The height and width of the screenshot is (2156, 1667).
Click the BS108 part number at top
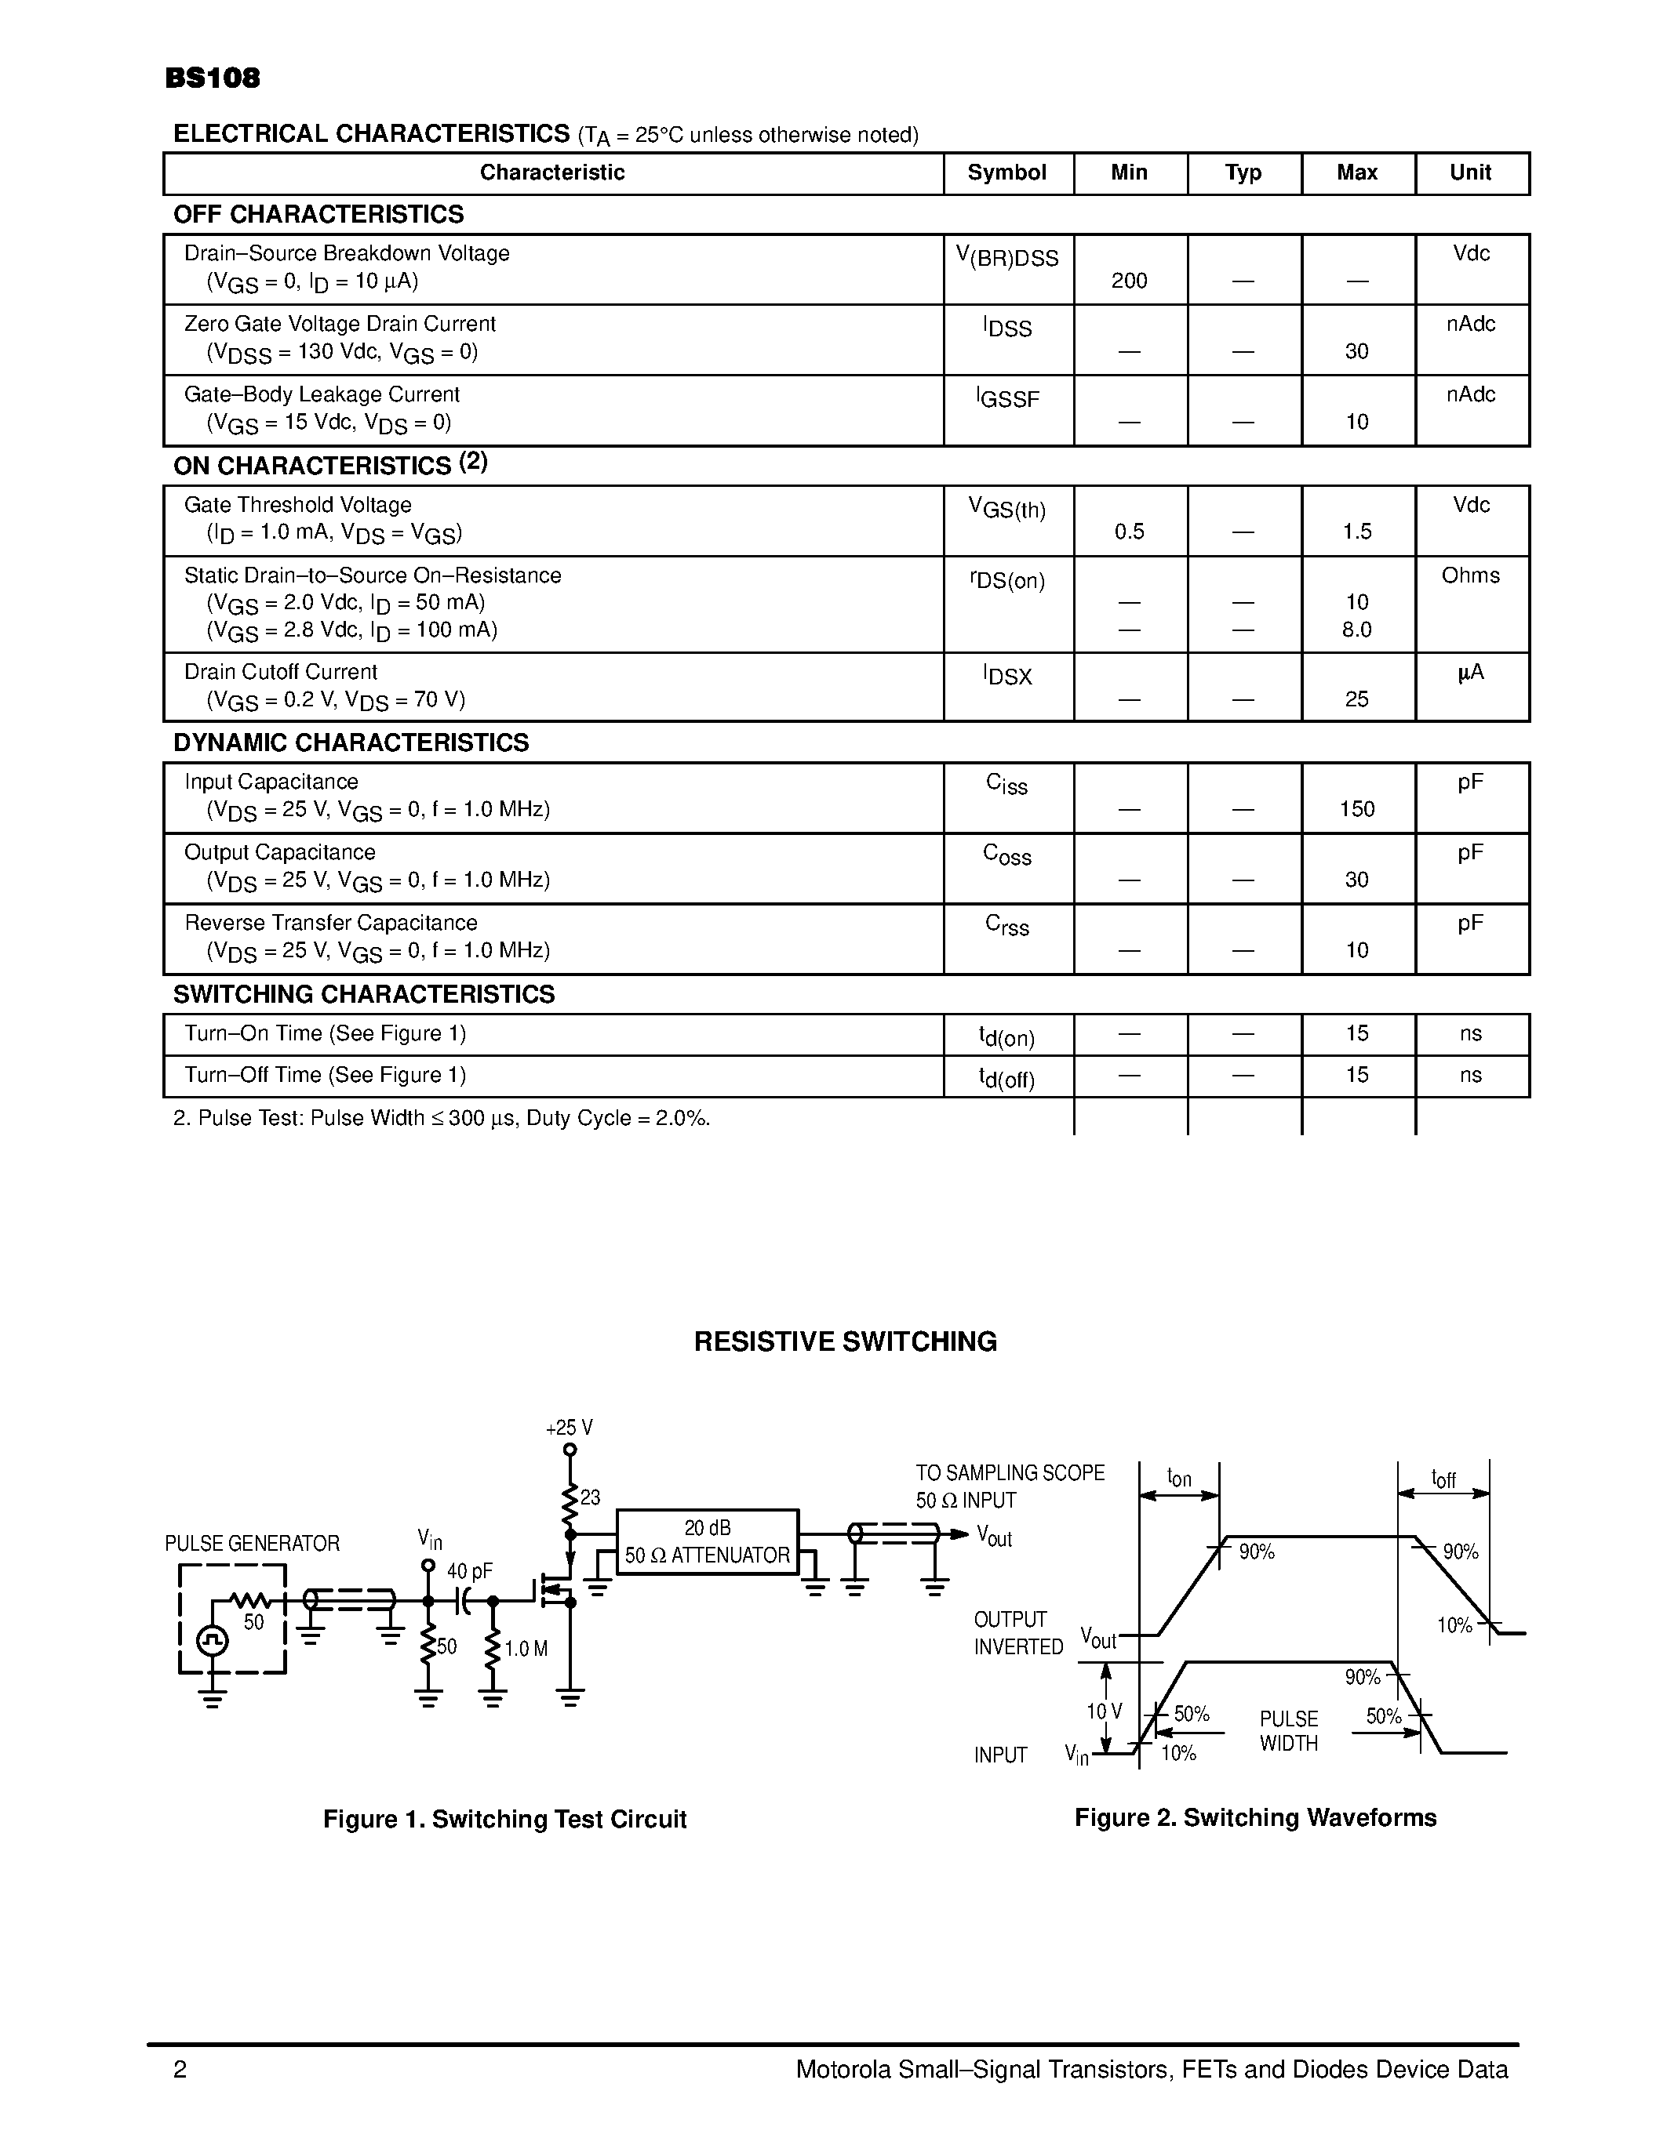tap(213, 79)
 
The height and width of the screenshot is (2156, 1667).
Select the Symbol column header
tap(1006, 172)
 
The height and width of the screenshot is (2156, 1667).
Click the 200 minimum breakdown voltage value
tap(1129, 281)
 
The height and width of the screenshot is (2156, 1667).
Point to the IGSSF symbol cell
tap(1007, 399)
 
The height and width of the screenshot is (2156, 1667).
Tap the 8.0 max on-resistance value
tap(1357, 630)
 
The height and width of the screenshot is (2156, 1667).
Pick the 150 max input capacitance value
tap(1357, 810)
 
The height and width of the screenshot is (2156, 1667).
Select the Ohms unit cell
tap(1470, 575)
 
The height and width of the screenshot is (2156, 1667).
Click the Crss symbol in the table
tap(1007, 926)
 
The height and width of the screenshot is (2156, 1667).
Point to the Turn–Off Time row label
tap(325, 1075)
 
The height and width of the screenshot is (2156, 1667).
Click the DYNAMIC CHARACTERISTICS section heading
tap(351, 743)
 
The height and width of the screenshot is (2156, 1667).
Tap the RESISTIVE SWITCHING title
tap(846, 1341)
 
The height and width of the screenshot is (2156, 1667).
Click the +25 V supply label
tap(569, 1428)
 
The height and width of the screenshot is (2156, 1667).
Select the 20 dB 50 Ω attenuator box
tap(707, 1542)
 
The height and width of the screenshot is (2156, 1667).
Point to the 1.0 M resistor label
tap(526, 1650)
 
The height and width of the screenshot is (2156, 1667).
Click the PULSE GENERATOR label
tap(252, 1544)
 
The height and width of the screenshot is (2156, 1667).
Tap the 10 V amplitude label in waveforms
tap(1104, 1711)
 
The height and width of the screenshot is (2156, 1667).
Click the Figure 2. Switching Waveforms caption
tap(1255, 1818)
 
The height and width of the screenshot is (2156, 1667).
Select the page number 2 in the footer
tap(180, 2070)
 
